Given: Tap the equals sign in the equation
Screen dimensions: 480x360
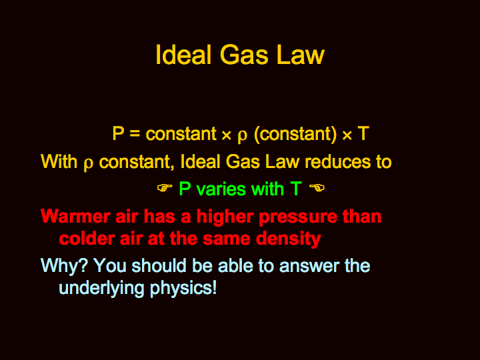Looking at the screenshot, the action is [135, 134].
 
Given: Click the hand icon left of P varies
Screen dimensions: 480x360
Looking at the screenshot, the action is [165, 188].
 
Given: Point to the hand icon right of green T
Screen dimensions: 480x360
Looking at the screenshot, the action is [317, 187].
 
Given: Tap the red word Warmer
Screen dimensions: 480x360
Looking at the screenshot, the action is [75, 217].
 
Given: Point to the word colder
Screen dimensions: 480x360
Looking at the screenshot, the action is [87, 238].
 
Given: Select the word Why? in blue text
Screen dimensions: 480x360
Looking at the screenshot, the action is [65, 266].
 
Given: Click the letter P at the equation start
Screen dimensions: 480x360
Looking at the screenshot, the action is [118, 133].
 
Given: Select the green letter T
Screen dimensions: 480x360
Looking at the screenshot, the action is [296, 189].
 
